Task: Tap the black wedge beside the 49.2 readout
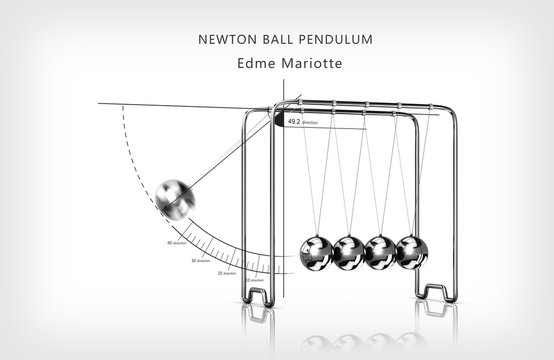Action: pyautogui.click(x=276, y=120)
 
